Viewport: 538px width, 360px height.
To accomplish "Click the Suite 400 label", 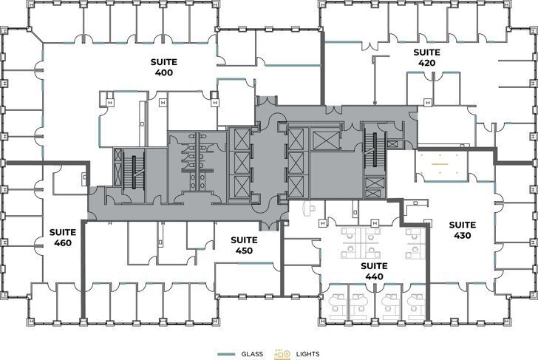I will tap(163, 68).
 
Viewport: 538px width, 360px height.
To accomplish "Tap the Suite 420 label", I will tap(426, 58).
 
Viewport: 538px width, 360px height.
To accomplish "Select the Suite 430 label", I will tap(463, 230).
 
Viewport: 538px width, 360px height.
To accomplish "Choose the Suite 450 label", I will tap(244, 245).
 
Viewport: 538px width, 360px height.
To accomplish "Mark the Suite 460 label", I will tap(63, 237).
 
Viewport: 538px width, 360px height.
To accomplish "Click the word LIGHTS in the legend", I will tap(307, 354).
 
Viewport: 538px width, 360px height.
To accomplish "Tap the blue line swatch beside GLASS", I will tap(227, 354).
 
